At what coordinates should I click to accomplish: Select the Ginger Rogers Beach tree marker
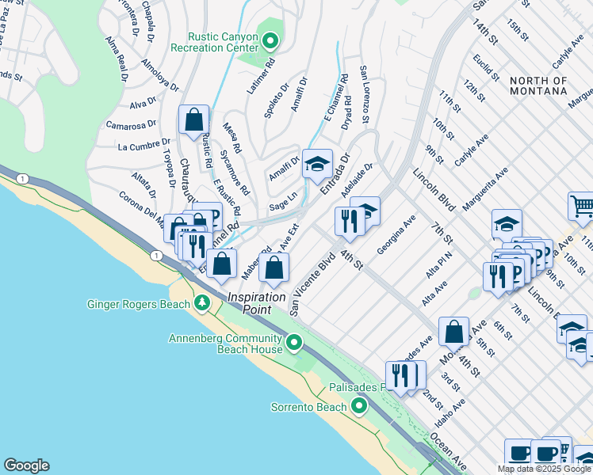point(201,303)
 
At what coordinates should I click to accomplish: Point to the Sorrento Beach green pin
point(359,407)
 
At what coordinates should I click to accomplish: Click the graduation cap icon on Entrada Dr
point(317,165)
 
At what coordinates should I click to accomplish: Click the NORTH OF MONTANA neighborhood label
point(538,86)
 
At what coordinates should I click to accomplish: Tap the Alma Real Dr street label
point(116,59)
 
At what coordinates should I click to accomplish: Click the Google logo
point(26,465)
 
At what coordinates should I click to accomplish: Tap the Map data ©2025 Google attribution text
point(544,469)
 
